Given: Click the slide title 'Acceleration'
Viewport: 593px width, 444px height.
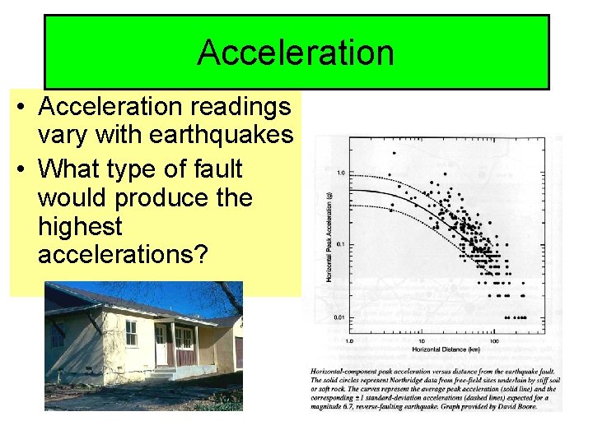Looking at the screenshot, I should (296, 53).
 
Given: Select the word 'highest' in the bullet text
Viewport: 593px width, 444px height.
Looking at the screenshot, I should (80, 227).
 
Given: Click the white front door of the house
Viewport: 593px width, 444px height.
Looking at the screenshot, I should (161, 345).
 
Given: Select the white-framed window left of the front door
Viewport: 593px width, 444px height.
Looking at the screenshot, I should (131, 333).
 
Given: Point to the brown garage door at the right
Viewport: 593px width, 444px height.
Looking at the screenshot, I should (238, 351).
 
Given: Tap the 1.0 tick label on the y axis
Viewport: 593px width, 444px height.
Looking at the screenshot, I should (340, 173).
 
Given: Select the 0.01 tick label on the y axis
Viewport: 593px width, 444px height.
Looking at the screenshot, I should (339, 317).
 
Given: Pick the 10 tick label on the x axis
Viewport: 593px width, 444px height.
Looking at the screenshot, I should (422, 340).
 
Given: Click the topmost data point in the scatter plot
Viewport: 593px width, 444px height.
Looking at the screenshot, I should (395, 153).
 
